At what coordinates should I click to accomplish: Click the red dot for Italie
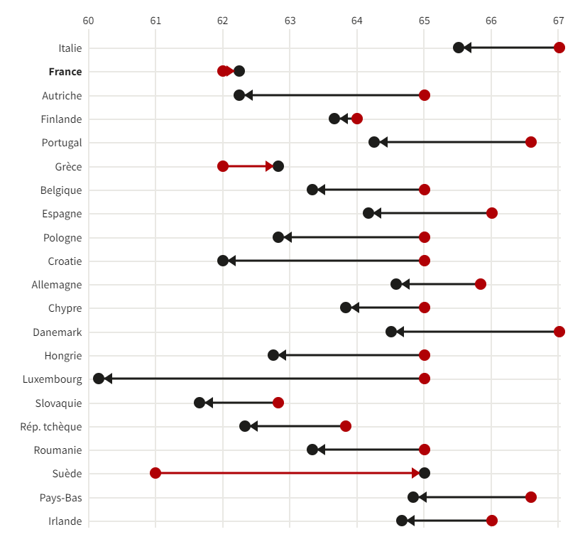coord(559,48)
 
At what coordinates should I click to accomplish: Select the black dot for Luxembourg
coord(99,379)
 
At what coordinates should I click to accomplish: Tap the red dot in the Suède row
coord(155,473)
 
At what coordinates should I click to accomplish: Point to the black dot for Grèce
coord(278,166)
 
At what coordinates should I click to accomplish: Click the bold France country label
coord(65,72)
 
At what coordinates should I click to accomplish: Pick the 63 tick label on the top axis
coord(290,21)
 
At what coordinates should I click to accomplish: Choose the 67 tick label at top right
coord(558,21)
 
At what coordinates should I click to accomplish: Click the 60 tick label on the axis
coord(88,21)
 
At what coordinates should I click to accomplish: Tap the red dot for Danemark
coord(559,332)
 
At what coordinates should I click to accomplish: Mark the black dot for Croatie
coord(223,261)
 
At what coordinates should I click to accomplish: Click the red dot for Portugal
coord(530,142)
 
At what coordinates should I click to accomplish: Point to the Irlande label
coord(65,521)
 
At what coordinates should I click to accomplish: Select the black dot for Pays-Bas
coord(413,497)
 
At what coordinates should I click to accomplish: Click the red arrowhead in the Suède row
coord(416,473)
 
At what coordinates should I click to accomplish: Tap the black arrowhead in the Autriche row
coord(248,95)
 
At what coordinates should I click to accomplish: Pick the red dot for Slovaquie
coord(278,403)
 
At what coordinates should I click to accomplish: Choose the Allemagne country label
coord(57,285)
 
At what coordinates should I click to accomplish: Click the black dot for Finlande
coord(334,119)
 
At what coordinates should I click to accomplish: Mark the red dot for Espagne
coord(491,213)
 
